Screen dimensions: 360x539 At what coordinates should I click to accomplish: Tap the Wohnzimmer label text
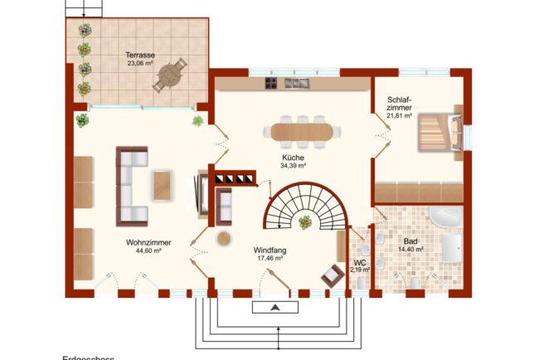pyautogui.click(x=143, y=243)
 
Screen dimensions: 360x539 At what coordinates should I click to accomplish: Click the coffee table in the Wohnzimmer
pyautogui.click(x=163, y=185)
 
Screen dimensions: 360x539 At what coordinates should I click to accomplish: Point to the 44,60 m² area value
pyautogui.click(x=143, y=251)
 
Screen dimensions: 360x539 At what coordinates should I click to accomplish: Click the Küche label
pyautogui.click(x=293, y=157)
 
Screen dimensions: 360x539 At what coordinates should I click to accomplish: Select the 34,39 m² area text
pyautogui.click(x=293, y=165)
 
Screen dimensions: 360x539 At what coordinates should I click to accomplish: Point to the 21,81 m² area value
pyautogui.click(x=399, y=116)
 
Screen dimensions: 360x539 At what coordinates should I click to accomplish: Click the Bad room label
pyautogui.click(x=410, y=241)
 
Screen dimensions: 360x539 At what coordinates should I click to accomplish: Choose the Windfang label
pyautogui.click(x=270, y=250)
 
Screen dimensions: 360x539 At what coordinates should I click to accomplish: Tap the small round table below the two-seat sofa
pyautogui.click(x=224, y=238)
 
